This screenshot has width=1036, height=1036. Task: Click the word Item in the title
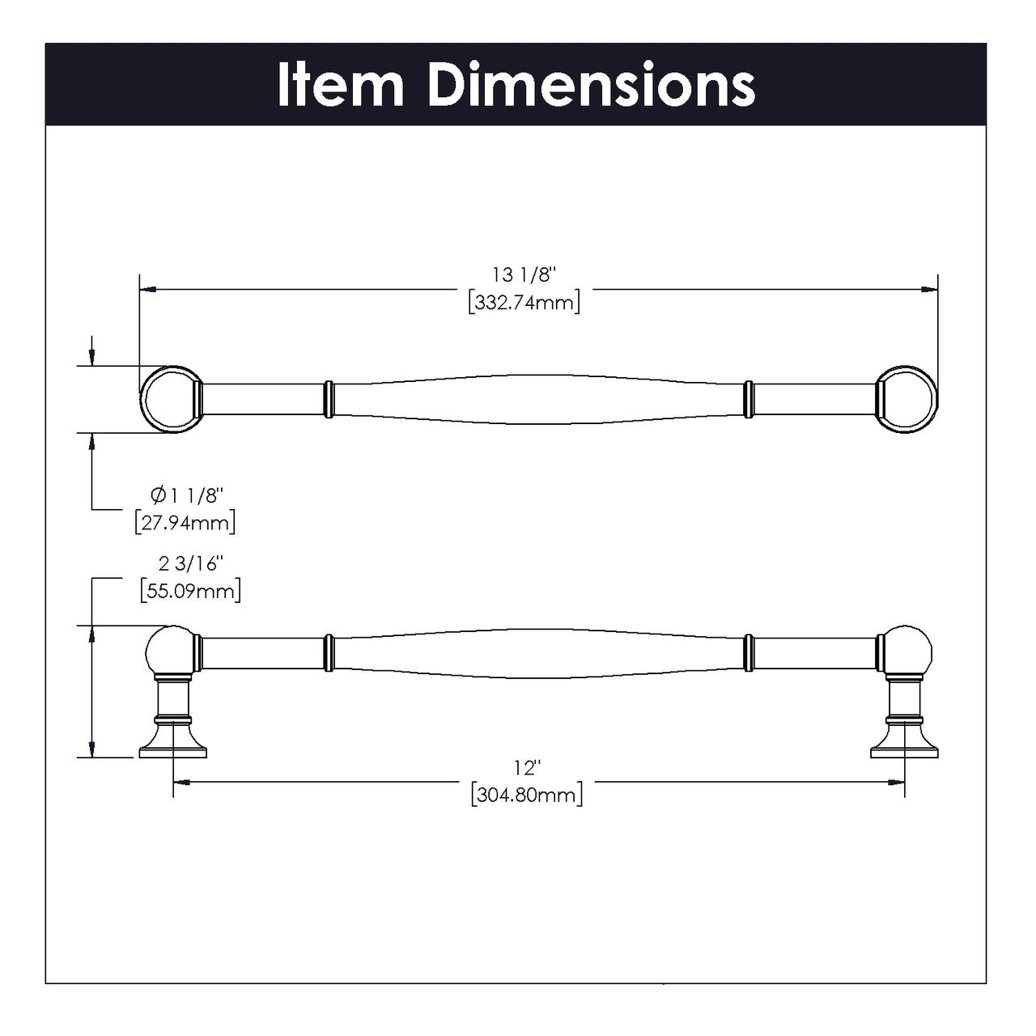pyautogui.click(x=340, y=84)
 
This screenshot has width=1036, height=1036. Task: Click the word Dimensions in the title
pyautogui.click(x=592, y=84)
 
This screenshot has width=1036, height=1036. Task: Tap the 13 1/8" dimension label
pyautogui.click(x=524, y=275)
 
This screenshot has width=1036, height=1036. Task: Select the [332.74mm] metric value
pyautogui.click(x=524, y=304)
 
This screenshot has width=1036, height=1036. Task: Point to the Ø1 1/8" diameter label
pyautogui.click(x=186, y=495)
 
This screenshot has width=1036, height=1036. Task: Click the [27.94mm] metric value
pyautogui.click(x=185, y=522)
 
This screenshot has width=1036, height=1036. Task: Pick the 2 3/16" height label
pyautogui.click(x=190, y=563)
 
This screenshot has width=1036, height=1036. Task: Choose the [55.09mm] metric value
pyautogui.click(x=190, y=591)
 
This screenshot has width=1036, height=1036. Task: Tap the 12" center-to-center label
pyautogui.click(x=526, y=766)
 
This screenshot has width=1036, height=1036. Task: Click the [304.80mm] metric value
pyautogui.click(x=526, y=795)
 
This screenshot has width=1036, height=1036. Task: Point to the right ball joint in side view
pyautogui.click(x=907, y=651)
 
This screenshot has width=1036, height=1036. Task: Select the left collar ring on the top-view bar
pyautogui.click(x=328, y=400)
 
